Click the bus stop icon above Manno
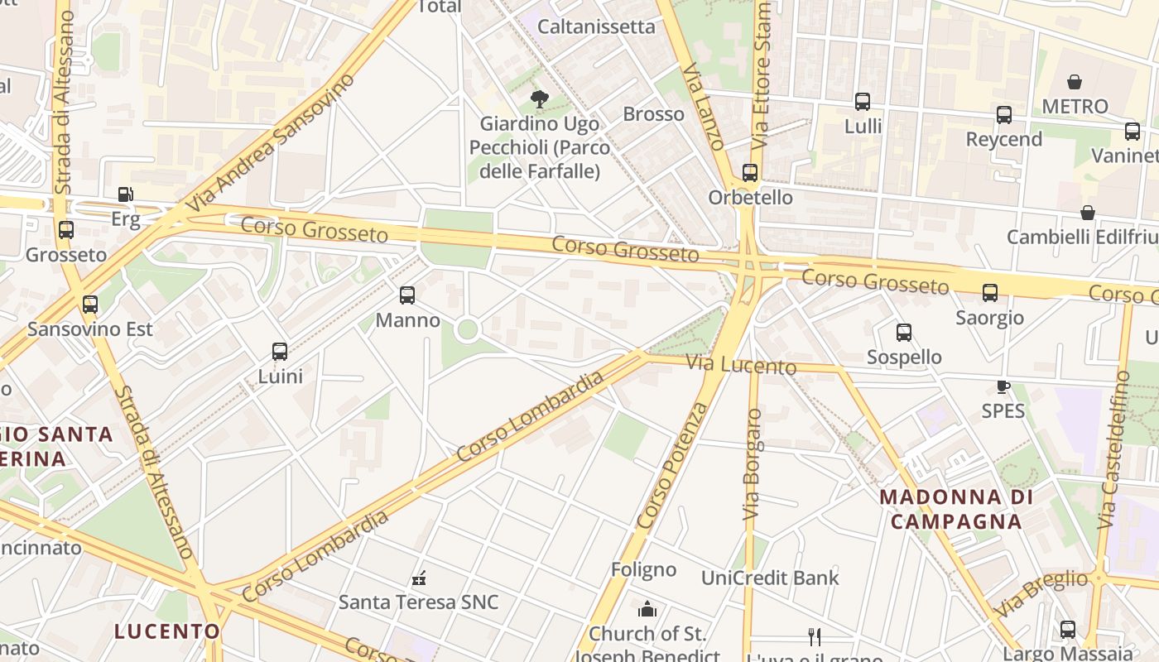pyautogui.click(x=406, y=295)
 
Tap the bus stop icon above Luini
pyautogui.click(x=280, y=351)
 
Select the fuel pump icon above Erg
pyautogui.click(x=125, y=194)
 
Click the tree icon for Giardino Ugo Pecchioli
pyautogui.click(x=540, y=99)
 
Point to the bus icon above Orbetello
pyautogui.click(x=750, y=172)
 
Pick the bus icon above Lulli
pyautogui.click(x=863, y=102)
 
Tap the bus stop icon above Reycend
pyautogui.click(x=1004, y=115)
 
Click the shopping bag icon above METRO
pyautogui.click(x=1075, y=82)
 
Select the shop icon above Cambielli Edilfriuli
pyautogui.click(x=1088, y=213)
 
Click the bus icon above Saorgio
pyautogui.click(x=990, y=292)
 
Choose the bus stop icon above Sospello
pyautogui.click(x=904, y=333)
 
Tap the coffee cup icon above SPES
pyautogui.click(x=1003, y=386)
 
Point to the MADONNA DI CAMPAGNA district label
pyautogui.click(x=956, y=509)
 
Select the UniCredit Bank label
pyautogui.click(x=770, y=578)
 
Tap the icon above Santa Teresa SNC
pyautogui.click(x=419, y=578)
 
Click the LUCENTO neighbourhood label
pyautogui.click(x=167, y=631)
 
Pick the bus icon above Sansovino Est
pyautogui.click(x=90, y=305)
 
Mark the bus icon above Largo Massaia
pyautogui.click(x=1068, y=629)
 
